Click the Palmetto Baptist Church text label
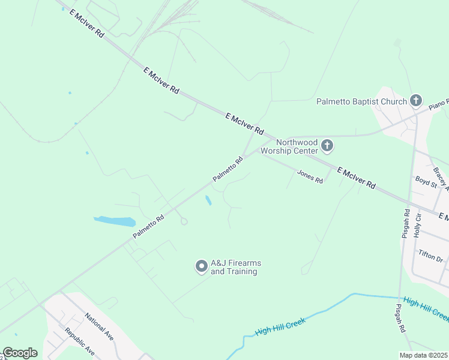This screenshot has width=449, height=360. coord(361,101)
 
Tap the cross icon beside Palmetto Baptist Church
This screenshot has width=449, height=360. coord(416,100)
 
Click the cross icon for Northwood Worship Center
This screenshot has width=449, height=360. coord(327,145)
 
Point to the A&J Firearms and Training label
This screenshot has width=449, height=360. coord(236,267)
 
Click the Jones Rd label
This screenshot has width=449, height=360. coord(310,176)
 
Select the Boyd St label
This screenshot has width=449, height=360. coord(426,182)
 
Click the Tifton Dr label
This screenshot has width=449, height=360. coord(431,256)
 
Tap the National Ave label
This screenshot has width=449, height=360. coord(99,325)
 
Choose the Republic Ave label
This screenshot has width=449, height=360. coord(80,340)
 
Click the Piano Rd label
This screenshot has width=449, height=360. coord(439,103)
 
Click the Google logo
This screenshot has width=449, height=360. coord(20,353)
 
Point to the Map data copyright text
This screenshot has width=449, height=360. coord(424,355)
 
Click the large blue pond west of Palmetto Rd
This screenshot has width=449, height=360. coord(115,221)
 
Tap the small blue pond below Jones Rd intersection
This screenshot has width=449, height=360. coord(208,200)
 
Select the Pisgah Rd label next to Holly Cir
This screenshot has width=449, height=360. coord(406,224)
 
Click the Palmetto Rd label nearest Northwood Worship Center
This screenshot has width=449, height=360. coord(228,170)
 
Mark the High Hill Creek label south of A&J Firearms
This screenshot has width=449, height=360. coord(280,327)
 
